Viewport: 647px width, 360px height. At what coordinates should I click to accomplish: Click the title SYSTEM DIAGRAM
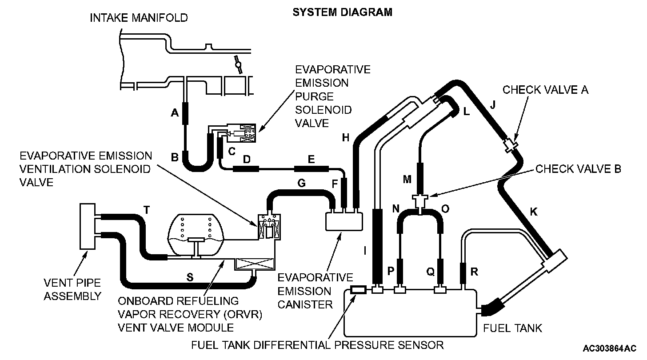[342, 12]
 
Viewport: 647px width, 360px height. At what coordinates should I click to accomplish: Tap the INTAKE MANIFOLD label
[139, 18]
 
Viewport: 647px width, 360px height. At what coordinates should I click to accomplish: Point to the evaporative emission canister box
[344, 221]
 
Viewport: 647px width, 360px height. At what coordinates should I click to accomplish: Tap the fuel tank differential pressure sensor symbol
[358, 290]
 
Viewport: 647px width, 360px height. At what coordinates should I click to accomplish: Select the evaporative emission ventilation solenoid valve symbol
[270, 228]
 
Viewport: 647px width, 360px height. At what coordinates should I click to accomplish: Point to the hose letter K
[534, 212]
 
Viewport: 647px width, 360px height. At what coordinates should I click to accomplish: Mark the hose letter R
[474, 272]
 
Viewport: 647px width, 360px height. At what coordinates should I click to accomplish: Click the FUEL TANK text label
[512, 328]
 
